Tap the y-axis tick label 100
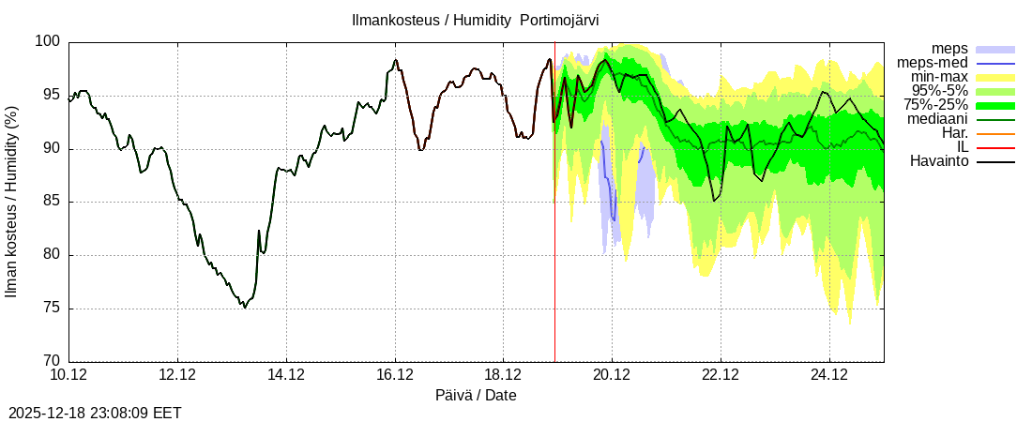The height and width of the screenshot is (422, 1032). (x=49, y=42)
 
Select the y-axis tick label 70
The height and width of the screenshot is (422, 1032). (x=53, y=361)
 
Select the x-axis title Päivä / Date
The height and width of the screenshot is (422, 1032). (x=476, y=395)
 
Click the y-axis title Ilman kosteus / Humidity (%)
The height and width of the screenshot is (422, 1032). (x=12, y=202)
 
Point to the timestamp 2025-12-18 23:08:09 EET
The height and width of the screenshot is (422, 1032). (x=95, y=413)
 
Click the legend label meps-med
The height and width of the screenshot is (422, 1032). (x=933, y=63)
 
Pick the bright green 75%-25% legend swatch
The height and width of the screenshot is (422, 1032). (x=995, y=105)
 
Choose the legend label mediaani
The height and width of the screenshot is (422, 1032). (x=935, y=119)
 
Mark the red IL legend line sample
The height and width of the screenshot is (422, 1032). (x=995, y=147)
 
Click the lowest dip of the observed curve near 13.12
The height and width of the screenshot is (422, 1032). (x=245, y=308)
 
